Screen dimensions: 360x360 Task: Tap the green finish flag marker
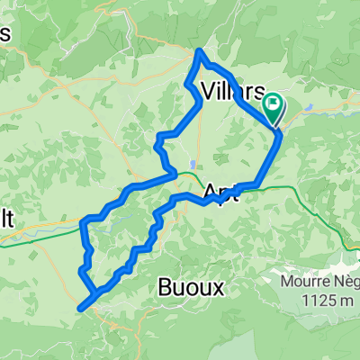[273, 109]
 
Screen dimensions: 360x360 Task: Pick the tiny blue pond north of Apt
[192, 165]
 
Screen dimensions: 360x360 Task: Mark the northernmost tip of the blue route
[199, 51]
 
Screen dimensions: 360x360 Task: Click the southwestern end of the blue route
[81, 308]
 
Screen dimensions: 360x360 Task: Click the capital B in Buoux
[165, 287]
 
